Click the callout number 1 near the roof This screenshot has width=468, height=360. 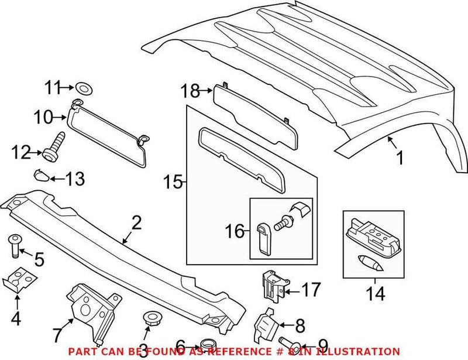[401, 159]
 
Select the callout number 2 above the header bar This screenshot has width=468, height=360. [136, 223]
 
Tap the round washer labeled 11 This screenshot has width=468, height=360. [82, 89]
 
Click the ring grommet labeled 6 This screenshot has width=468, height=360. [207, 344]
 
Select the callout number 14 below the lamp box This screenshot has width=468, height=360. [376, 293]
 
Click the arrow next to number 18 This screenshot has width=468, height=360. [206, 91]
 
